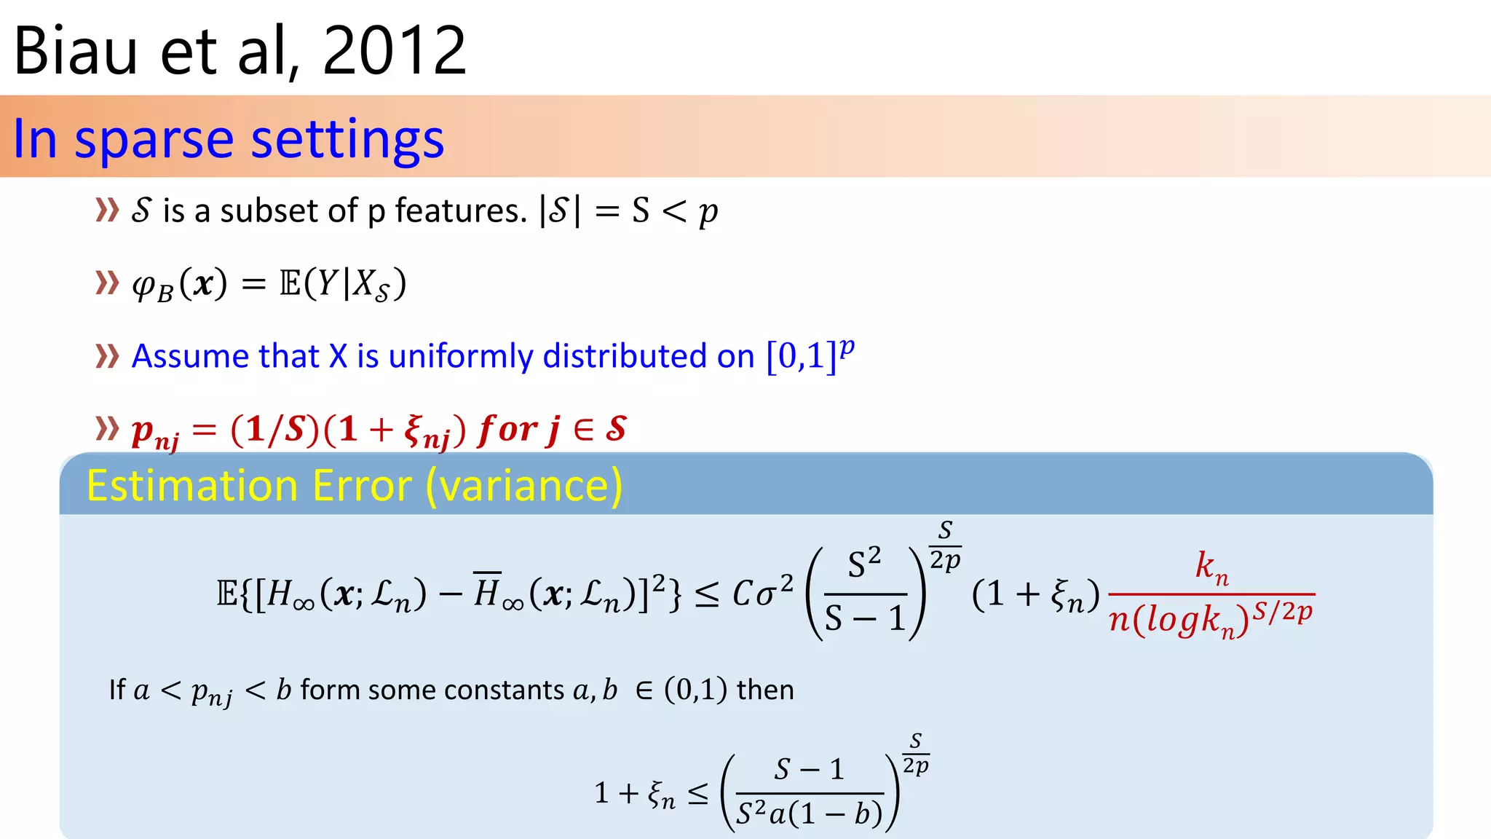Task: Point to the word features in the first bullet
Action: (460, 211)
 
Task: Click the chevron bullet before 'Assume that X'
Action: (107, 357)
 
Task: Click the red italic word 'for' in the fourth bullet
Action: (507, 430)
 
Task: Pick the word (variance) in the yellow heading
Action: (524, 486)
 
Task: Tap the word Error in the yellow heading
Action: (362, 486)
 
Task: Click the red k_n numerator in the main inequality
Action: (1211, 567)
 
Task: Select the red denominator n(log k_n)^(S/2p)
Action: (1211, 619)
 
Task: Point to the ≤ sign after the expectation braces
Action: (707, 595)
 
